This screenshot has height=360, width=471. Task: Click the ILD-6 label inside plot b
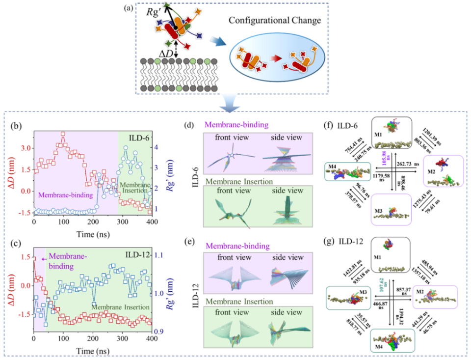point(140,138)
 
